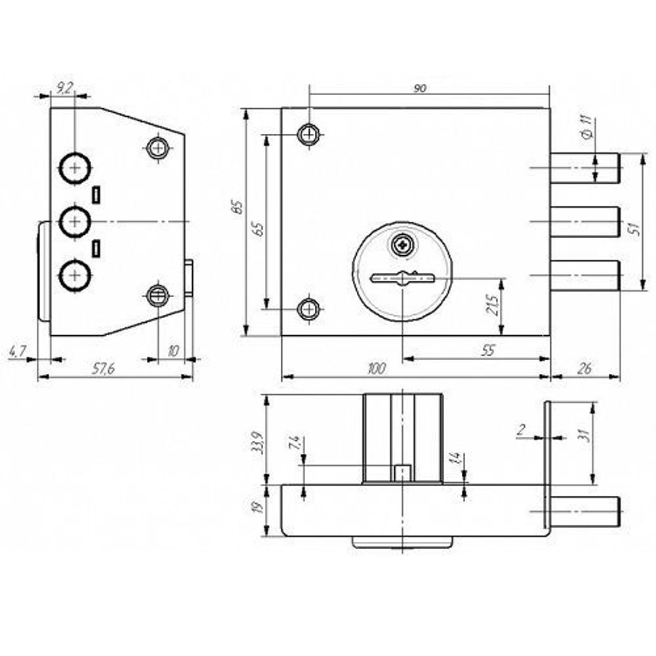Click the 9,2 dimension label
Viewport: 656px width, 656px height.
point(64,88)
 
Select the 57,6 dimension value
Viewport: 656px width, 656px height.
point(103,369)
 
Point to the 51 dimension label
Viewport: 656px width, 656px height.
point(633,228)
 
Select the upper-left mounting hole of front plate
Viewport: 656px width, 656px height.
point(309,134)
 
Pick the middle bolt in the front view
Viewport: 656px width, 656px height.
point(584,222)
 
